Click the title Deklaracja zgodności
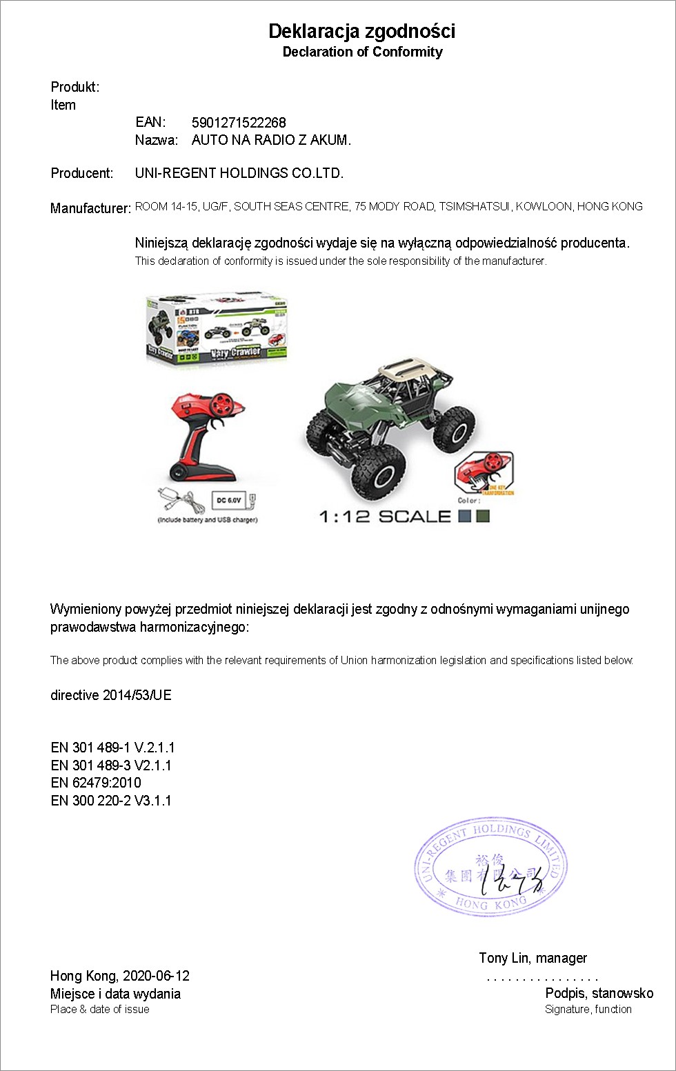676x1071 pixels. coord(361,31)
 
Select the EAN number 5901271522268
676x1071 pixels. coord(239,123)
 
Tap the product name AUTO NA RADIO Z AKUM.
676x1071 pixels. coord(271,140)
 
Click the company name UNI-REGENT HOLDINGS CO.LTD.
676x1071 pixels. coord(239,173)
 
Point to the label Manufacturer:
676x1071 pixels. coord(90,208)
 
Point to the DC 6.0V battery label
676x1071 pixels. coord(230,500)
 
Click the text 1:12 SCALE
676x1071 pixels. coord(385,517)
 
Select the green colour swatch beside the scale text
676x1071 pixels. coord(483,516)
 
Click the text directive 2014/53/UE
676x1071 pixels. coord(110,695)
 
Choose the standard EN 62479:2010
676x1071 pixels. coord(95,783)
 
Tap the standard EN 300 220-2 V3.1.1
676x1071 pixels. coord(110,801)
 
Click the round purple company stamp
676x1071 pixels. coord(490,867)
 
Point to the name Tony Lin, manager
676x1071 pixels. coord(533,958)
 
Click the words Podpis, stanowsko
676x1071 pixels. coord(599,993)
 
